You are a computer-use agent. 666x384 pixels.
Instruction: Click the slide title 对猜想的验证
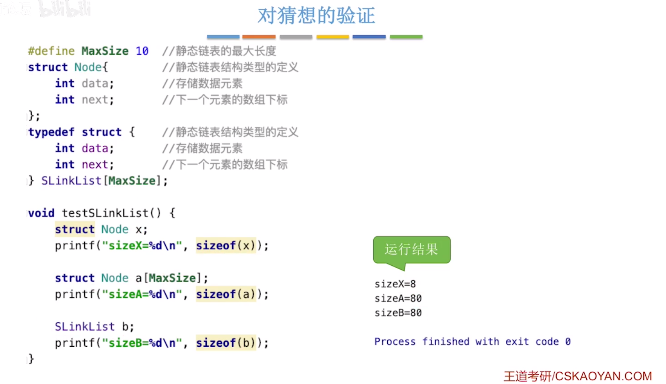click(316, 16)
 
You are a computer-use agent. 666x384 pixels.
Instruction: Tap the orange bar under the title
click(259, 37)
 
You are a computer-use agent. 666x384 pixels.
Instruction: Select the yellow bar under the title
click(332, 37)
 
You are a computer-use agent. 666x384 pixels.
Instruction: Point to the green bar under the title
click(406, 37)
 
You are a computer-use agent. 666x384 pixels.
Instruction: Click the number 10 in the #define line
click(142, 51)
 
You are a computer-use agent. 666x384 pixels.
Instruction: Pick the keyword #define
click(51, 51)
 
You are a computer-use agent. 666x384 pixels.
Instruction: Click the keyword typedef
click(51, 132)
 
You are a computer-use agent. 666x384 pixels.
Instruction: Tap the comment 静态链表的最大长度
click(226, 51)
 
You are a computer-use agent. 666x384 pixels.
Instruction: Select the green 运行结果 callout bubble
click(411, 249)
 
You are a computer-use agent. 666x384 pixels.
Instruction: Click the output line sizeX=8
click(395, 284)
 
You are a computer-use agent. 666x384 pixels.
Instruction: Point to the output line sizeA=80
click(398, 298)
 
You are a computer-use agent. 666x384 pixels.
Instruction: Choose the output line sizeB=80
click(398, 312)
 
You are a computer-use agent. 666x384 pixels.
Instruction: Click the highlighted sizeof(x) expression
click(226, 245)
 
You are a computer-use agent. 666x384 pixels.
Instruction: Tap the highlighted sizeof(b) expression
click(226, 343)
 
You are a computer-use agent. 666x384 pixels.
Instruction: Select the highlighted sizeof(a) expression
click(226, 294)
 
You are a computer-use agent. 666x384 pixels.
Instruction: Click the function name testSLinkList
click(105, 213)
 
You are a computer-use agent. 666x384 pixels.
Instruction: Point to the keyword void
click(41, 213)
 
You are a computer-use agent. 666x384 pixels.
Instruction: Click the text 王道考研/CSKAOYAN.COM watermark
click(577, 376)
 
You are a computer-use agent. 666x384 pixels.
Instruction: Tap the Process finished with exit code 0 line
click(472, 341)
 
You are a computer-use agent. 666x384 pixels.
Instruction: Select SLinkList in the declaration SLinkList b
click(84, 326)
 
